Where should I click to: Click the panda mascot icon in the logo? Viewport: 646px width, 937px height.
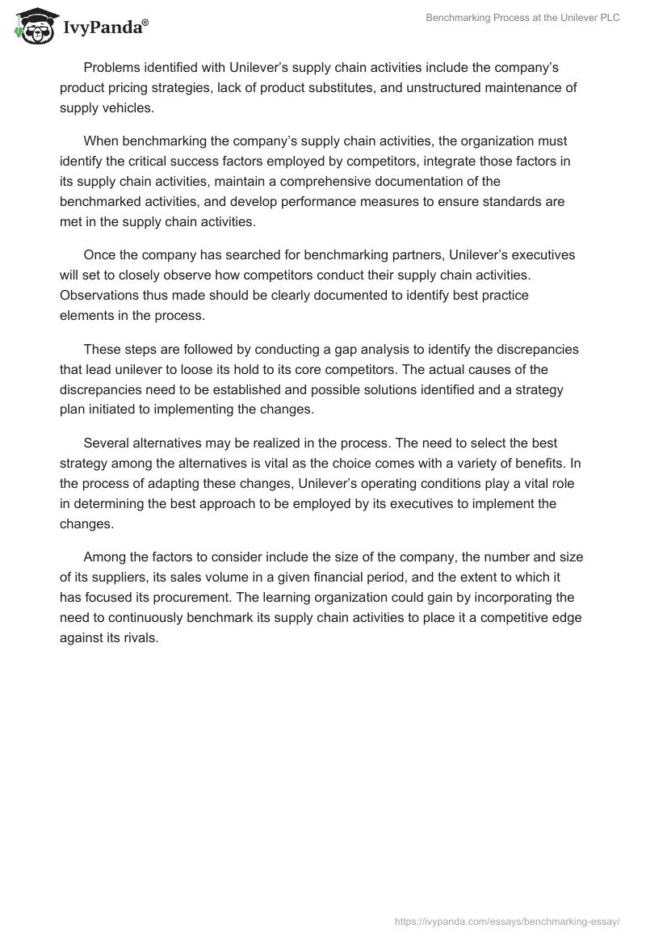click(31, 27)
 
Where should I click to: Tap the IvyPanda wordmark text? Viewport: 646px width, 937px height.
click(104, 28)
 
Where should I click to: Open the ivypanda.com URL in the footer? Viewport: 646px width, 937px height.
click(506, 920)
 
